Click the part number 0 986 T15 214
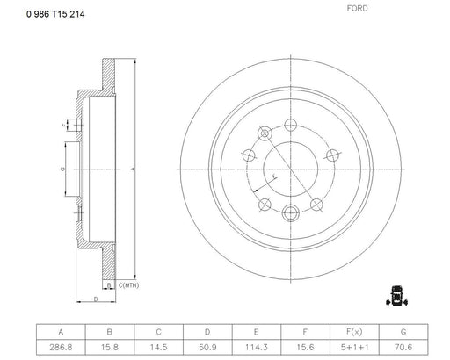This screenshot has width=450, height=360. tap(55, 14)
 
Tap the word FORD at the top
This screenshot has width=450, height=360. tap(357, 8)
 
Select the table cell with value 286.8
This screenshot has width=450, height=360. tap(61, 348)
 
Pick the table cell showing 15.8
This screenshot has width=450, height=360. tap(110, 348)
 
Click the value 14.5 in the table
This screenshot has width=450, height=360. tap(158, 348)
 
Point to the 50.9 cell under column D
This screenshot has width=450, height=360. tap(207, 348)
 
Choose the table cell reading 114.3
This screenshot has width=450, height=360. tap(257, 348)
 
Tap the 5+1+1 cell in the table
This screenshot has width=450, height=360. tap(354, 348)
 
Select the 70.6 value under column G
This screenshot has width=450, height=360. tap(403, 348)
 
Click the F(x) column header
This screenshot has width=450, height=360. tap(354, 332)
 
